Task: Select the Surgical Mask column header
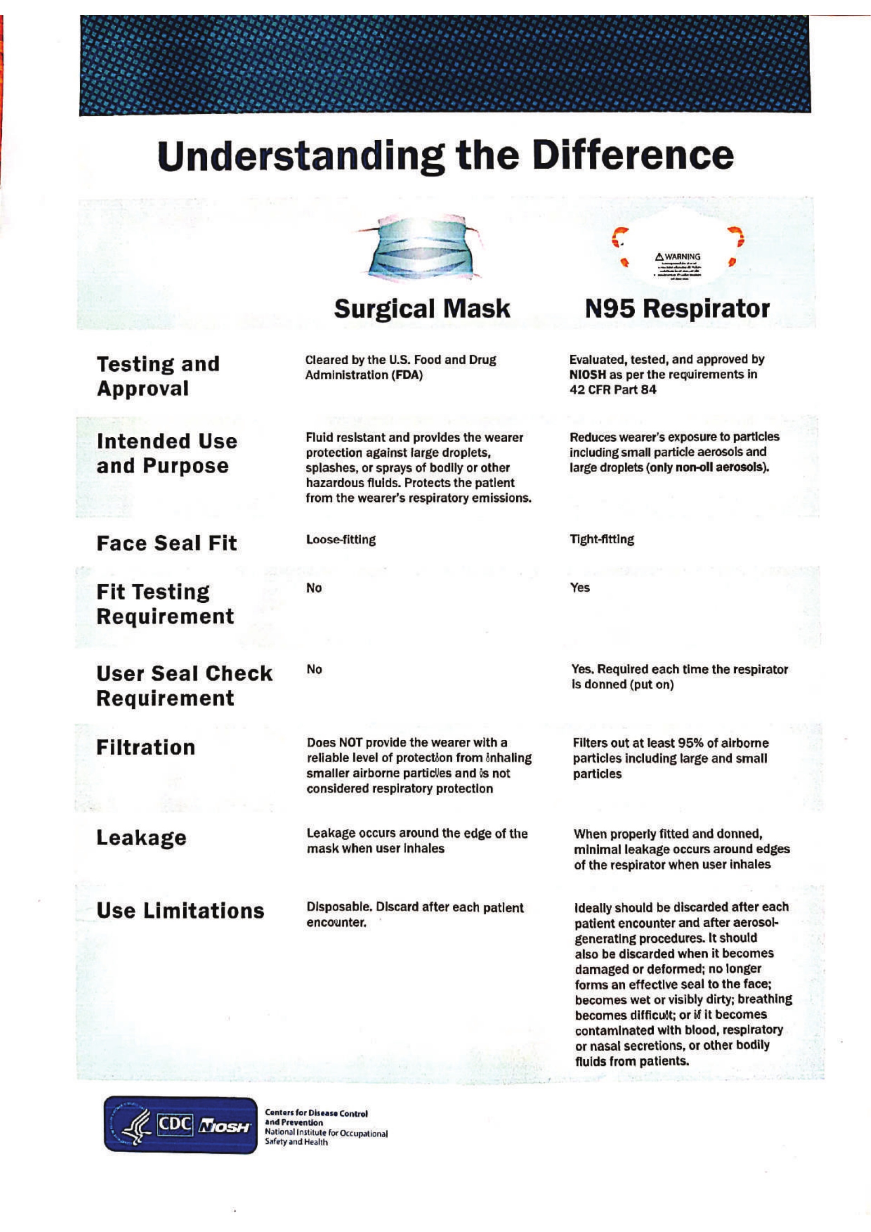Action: [x=422, y=309]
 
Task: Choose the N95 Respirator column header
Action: [x=677, y=309]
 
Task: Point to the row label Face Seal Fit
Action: [x=166, y=543]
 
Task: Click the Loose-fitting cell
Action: [x=341, y=540]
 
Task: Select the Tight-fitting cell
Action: [x=602, y=539]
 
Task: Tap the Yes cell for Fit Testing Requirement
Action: [x=580, y=587]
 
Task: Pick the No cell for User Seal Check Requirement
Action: [x=314, y=669]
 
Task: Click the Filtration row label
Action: [x=146, y=748]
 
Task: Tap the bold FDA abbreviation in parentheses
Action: [x=407, y=375]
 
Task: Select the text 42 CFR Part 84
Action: [x=612, y=390]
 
